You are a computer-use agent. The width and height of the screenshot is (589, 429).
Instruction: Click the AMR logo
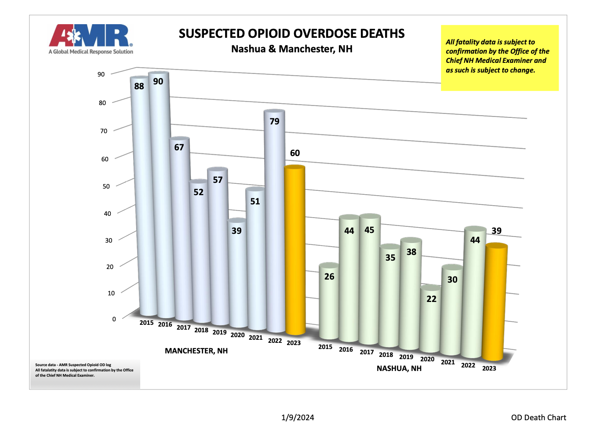pyautogui.click(x=91, y=39)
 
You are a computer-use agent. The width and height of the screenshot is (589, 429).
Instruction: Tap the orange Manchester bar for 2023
pyautogui.click(x=295, y=251)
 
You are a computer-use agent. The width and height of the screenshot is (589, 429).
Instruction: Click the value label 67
pyautogui.click(x=179, y=147)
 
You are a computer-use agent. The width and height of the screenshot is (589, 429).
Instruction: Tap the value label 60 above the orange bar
pyautogui.click(x=295, y=153)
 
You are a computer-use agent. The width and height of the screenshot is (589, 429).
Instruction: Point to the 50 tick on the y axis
pyautogui.click(x=106, y=186)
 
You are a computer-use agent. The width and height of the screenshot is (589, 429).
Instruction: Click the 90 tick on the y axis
pyautogui.click(x=101, y=74)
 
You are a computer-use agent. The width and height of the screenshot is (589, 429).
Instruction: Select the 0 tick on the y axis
pyautogui.click(x=114, y=319)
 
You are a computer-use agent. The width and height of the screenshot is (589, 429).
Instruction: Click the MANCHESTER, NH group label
pyautogui.click(x=196, y=351)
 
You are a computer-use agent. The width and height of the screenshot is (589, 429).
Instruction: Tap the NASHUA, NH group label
pyautogui.click(x=399, y=368)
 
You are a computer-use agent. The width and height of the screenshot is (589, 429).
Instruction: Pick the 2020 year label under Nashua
pyautogui.click(x=427, y=359)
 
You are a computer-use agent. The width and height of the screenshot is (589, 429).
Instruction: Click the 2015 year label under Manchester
pyautogui.click(x=146, y=323)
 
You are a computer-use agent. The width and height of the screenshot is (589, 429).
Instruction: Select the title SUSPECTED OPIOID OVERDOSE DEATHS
pyautogui.click(x=291, y=34)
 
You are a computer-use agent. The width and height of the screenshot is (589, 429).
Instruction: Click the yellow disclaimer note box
pyautogui.click(x=499, y=58)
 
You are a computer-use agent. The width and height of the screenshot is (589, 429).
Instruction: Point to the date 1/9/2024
pyautogui.click(x=298, y=418)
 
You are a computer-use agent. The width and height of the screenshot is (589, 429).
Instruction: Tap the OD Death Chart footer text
pyautogui.click(x=538, y=418)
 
